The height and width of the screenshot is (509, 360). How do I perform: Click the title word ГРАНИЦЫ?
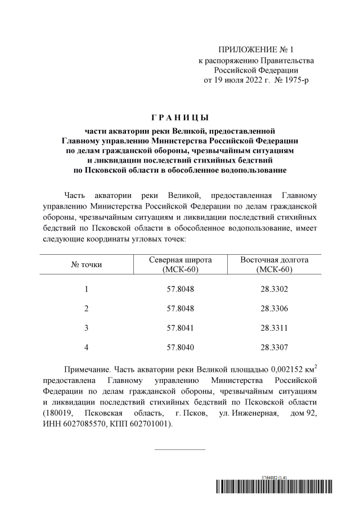(180, 118)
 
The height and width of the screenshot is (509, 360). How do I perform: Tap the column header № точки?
(86, 264)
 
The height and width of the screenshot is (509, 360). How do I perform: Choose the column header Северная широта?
(180, 260)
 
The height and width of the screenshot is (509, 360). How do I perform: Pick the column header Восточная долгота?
(274, 260)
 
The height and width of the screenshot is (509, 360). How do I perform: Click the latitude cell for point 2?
(180, 308)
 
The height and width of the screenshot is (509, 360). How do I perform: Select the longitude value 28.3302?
(274, 289)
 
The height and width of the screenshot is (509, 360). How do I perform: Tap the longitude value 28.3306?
(274, 308)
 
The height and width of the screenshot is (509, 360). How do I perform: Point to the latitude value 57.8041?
(180, 328)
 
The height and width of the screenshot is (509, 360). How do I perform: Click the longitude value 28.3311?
(274, 328)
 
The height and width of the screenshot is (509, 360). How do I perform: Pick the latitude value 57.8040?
(180, 348)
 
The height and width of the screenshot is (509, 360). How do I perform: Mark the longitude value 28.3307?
(274, 348)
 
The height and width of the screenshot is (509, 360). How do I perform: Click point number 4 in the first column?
(86, 348)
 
